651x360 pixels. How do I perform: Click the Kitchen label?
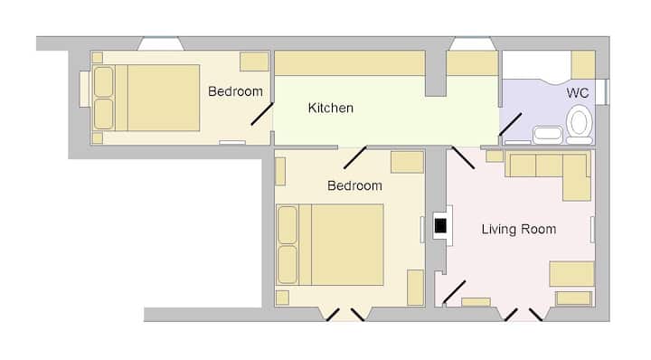(x=331, y=108)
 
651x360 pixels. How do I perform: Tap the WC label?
(x=578, y=93)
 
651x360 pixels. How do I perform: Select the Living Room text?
(x=519, y=229)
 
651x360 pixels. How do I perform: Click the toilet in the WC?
(x=580, y=124)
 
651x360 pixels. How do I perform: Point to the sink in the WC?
(x=548, y=135)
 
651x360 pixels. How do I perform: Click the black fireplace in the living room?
(x=440, y=226)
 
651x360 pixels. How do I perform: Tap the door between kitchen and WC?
(x=510, y=124)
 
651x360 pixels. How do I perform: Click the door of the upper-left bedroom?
(x=262, y=114)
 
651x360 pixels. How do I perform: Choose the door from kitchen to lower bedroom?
(x=355, y=157)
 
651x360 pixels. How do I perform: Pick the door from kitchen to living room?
(x=463, y=157)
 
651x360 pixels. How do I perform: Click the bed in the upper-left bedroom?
(x=146, y=98)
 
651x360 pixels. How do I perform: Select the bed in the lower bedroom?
(x=330, y=244)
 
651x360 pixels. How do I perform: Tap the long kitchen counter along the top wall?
(x=350, y=63)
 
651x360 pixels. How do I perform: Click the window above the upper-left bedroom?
(x=161, y=44)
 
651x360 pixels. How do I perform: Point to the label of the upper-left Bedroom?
(x=235, y=91)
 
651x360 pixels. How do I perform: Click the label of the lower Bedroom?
(x=354, y=185)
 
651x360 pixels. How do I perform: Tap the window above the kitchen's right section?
(x=473, y=44)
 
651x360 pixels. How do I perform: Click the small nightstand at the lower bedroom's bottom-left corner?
(x=282, y=298)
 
